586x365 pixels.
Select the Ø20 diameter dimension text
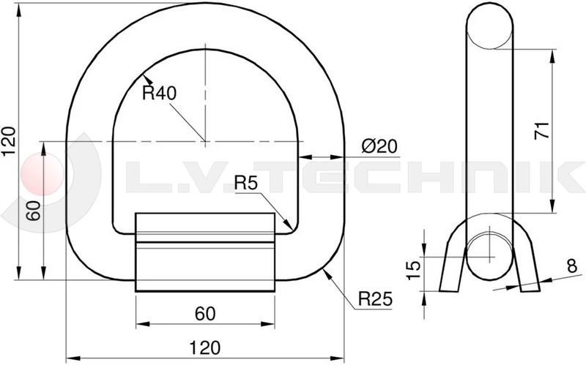(x=379, y=146)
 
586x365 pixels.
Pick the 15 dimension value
(x=412, y=266)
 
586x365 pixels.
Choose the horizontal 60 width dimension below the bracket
(x=205, y=314)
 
